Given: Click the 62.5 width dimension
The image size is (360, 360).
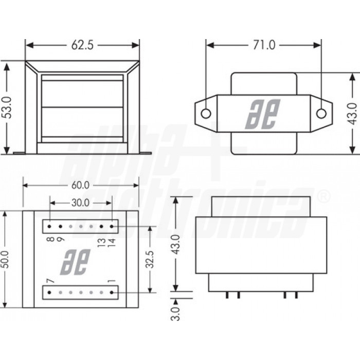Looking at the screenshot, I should (x=82, y=45).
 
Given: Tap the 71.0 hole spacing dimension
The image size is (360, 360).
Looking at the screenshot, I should (x=263, y=45).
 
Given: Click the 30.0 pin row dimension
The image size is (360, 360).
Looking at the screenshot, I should (x=80, y=203).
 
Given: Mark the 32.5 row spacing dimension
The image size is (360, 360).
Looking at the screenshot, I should (x=150, y=259).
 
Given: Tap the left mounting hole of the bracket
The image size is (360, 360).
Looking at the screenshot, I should (x=205, y=113).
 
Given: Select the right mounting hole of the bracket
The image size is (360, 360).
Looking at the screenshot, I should (x=321, y=113).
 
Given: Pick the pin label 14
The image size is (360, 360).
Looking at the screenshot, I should (x=112, y=240).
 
